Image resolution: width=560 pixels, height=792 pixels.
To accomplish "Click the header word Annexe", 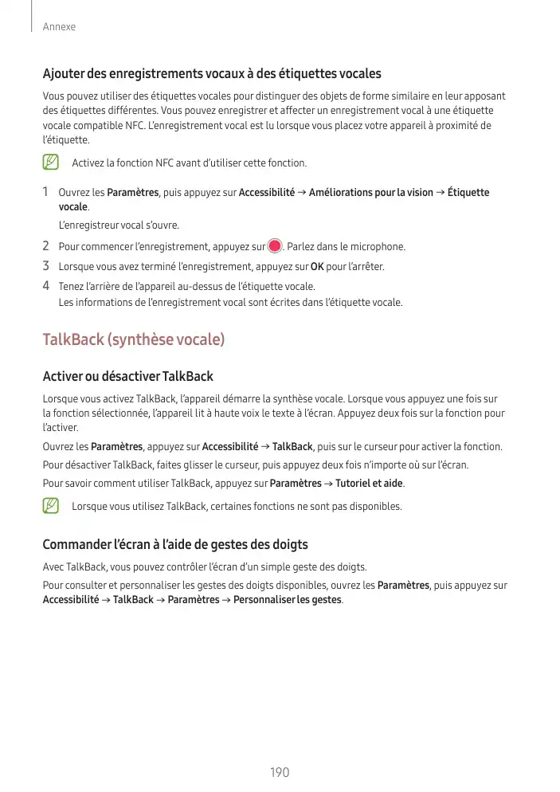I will point(59,27).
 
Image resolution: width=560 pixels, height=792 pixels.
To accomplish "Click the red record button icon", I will point(275,246).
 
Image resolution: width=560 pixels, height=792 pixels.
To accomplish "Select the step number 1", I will point(46,192).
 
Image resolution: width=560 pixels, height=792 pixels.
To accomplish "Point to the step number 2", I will point(46,246).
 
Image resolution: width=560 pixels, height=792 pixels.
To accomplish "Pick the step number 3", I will point(46,266).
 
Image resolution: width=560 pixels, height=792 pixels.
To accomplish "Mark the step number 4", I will point(46,286).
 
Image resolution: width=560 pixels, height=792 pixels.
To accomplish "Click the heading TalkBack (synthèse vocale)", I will point(133,340).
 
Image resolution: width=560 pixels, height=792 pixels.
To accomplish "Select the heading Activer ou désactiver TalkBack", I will point(127,376).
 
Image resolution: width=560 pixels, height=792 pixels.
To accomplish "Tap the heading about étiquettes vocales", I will point(211,74).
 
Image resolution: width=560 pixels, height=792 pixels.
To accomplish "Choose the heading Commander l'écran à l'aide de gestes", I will point(174,545).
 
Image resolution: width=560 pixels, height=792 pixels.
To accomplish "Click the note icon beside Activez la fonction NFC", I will point(51,163).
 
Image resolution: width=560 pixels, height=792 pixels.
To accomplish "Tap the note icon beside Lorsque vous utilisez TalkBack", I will point(51,506).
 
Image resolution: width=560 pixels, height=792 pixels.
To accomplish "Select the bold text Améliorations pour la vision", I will point(370,193).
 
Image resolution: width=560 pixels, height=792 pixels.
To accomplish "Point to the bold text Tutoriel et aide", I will point(370,484).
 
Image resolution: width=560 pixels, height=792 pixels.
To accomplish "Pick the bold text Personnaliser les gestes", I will point(288,599).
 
